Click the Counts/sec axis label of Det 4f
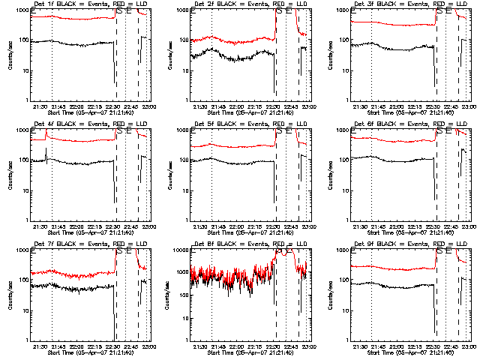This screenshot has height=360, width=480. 9,175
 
